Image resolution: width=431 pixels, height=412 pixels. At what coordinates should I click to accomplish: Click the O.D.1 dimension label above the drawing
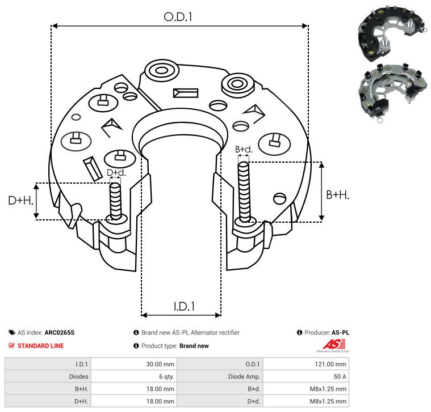tap(178, 17)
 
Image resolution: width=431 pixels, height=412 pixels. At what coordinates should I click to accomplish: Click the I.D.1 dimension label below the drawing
tap(184, 307)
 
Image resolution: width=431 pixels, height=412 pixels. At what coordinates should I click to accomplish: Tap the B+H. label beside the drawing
tap(337, 195)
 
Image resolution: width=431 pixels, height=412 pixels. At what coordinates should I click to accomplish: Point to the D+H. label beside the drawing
tap(20, 201)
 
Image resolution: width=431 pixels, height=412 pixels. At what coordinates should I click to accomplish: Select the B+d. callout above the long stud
tap(244, 150)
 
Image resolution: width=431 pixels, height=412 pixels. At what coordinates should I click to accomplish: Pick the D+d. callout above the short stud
tap(116, 172)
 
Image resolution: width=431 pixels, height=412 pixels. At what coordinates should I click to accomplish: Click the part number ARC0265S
tap(60, 333)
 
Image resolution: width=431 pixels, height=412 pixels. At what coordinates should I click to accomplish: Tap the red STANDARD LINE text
tap(41, 346)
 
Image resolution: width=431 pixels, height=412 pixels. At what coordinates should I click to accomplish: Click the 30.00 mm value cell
tap(134, 364)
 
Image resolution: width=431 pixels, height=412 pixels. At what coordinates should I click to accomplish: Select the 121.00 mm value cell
tap(306, 364)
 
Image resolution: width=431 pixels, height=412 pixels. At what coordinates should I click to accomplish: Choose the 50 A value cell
tap(306, 376)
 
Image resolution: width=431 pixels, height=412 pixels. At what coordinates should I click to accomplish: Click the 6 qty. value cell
tap(134, 376)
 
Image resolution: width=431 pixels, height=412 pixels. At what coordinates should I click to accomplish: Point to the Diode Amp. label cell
tap(220, 376)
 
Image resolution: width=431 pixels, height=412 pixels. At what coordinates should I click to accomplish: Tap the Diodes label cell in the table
tap(48, 376)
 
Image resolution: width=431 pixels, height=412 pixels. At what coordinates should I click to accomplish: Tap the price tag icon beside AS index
tap(12, 333)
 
